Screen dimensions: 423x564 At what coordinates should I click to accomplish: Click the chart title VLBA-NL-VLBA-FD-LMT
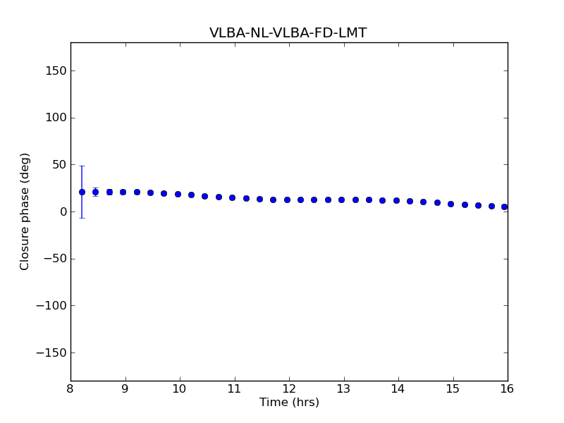[288, 33]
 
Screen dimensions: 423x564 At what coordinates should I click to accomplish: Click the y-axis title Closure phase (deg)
[25, 211]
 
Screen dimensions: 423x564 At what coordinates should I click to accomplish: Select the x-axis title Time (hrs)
[289, 403]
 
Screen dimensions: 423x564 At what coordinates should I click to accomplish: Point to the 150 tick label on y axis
[56, 70]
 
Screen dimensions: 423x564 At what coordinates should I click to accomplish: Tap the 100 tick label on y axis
[56, 118]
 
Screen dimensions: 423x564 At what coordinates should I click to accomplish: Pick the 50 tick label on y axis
[59, 165]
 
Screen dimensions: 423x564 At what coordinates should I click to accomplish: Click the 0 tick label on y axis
[62, 211]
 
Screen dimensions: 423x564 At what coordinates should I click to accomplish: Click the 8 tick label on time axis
[70, 388]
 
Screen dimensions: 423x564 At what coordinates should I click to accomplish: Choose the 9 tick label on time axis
[125, 388]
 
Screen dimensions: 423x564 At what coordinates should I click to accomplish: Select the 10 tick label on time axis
[180, 388]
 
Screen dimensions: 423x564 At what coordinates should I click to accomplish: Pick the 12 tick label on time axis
[289, 388]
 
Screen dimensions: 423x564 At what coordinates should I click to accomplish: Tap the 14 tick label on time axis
[398, 388]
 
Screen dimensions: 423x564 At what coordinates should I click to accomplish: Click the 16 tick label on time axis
[508, 388]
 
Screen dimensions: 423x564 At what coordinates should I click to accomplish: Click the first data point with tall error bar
[82, 192]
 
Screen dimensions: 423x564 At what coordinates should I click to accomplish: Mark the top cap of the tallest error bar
[82, 166]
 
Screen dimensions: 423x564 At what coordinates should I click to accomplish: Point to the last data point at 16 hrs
[505, 207]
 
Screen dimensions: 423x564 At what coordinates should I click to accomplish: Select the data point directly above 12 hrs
[287, 200]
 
